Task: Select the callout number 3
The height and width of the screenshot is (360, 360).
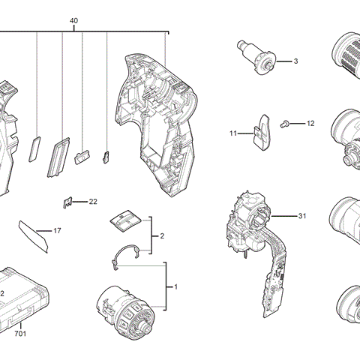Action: [x=295, y=60]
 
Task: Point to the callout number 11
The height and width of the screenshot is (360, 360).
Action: [x=233, y=133]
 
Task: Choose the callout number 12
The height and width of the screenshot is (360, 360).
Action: [x=310, y=123]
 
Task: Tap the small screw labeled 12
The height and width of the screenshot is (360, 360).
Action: [x=286, y=122]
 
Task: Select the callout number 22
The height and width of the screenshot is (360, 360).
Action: [x=93, y=202]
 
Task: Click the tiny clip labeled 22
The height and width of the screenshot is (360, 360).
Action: [x=68, y=202]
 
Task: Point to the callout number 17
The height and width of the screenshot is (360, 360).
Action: [x=57, y=230]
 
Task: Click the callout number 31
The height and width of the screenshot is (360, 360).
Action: [x=302, y=216]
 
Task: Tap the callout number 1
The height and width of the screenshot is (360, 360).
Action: [x=175, y=287]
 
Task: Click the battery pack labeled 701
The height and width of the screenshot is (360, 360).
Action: [x=26, y=296]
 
